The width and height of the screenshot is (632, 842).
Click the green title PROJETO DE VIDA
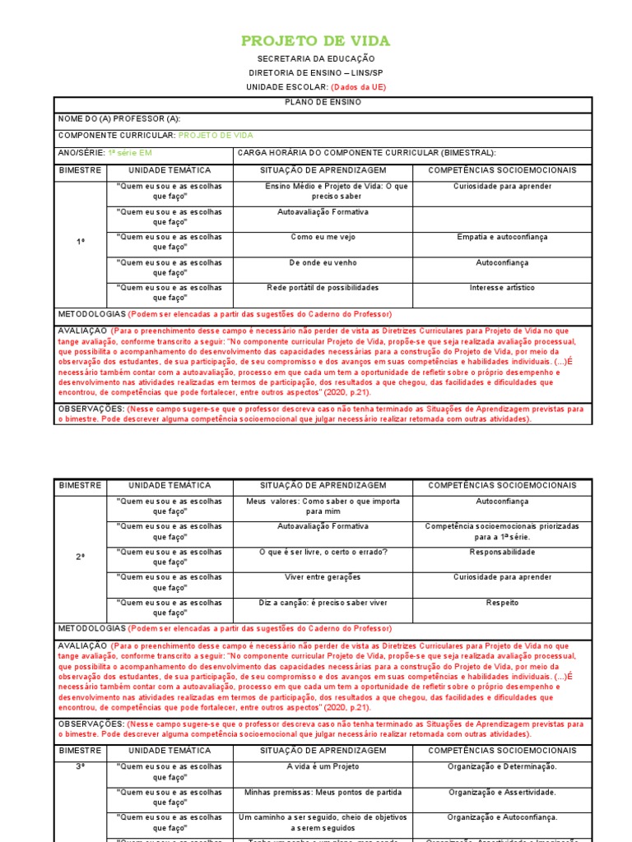315,41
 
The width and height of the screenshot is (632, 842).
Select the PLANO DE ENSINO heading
323,102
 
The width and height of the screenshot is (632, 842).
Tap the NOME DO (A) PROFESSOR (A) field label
119,118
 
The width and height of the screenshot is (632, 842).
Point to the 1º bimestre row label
81,242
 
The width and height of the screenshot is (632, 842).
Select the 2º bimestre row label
81,557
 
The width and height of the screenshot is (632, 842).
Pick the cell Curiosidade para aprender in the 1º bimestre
502,187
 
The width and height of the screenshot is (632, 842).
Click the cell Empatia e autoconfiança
502,238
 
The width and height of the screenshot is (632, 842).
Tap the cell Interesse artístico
502,288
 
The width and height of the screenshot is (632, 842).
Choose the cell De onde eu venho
323,263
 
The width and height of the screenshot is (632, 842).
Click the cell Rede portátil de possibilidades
323,288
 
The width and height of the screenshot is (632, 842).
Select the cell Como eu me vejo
323,238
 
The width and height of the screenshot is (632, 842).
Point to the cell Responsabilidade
502,553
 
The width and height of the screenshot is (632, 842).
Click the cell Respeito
502,603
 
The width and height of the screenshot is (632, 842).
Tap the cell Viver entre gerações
323,577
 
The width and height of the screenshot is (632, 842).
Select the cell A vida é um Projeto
323,767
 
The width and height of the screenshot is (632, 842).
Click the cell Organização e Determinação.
502,767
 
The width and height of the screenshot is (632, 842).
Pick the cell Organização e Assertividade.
502,793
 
